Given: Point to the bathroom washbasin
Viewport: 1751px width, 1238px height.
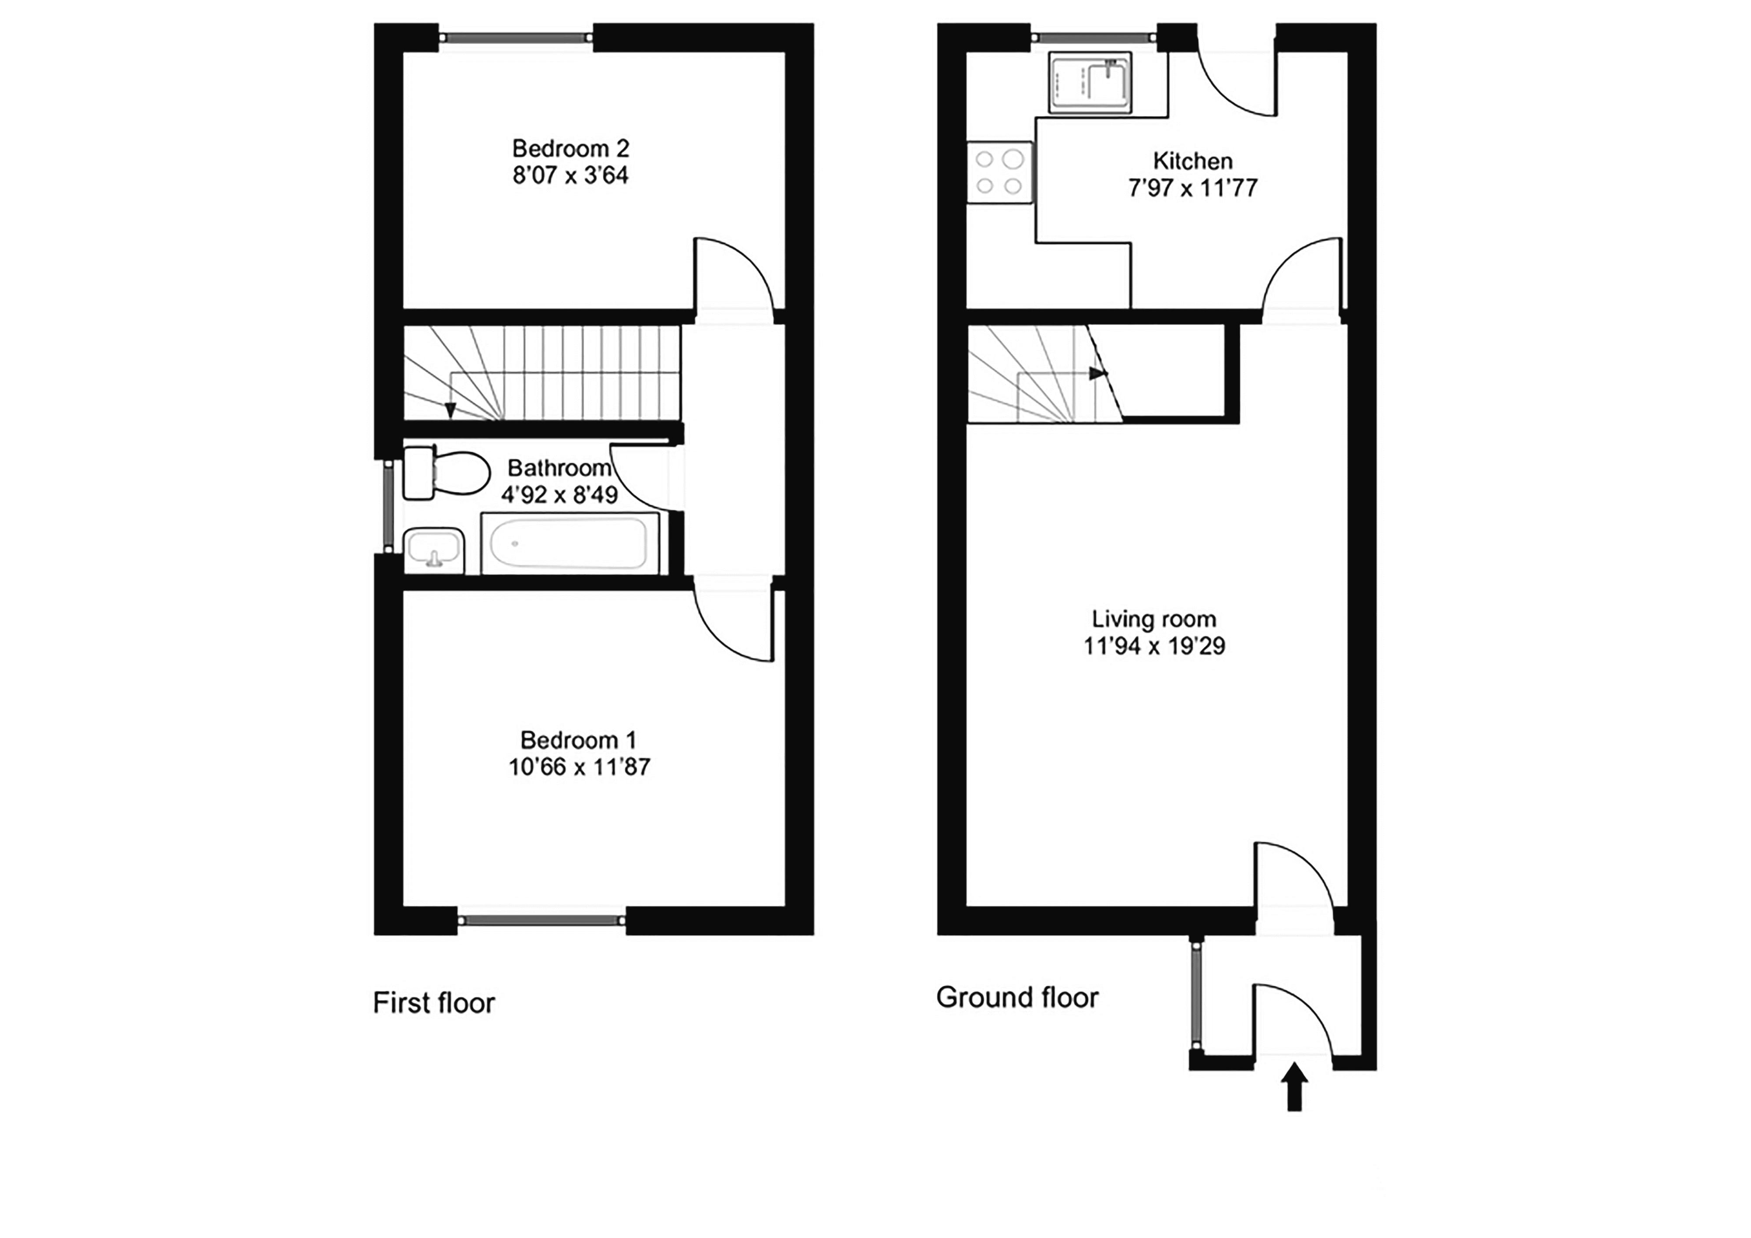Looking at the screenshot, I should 434,550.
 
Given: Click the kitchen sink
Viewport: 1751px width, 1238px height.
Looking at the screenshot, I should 1089,82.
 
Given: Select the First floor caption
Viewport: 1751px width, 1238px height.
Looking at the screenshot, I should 434,1003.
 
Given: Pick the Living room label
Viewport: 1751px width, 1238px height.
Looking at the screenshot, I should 1154,619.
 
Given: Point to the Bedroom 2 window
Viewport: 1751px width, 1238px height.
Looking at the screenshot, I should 516,37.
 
